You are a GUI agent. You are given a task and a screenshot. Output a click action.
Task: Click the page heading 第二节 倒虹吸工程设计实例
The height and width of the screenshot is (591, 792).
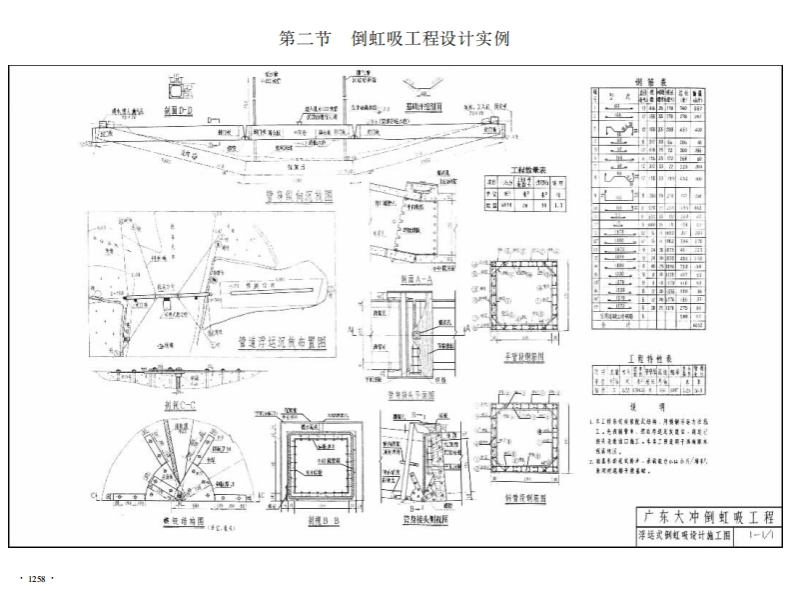point(396,39)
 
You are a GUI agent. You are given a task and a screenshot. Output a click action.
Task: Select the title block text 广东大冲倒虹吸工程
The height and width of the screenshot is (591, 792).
point(710,517)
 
